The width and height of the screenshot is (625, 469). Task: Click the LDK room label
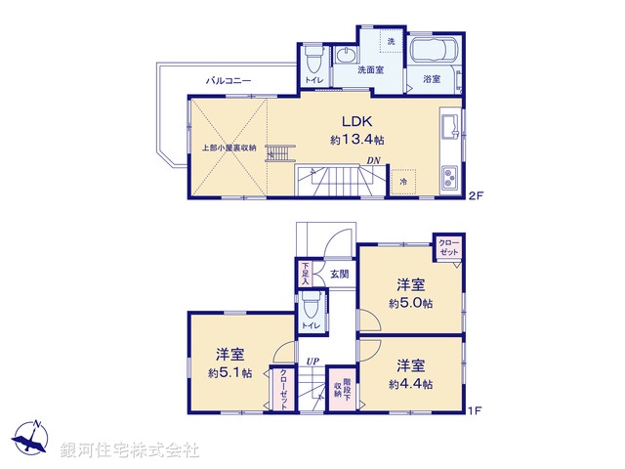355,122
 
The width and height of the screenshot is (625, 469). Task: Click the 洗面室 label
370,70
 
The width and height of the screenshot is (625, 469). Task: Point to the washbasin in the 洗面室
347,58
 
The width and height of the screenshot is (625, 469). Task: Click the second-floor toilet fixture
312,58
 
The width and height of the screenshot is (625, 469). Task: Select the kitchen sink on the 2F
450,128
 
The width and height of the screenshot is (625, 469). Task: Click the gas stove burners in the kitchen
451,179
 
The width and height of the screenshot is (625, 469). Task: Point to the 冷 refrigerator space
403,182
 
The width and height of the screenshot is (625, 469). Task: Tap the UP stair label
312,361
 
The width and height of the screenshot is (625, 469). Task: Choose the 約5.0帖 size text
410,303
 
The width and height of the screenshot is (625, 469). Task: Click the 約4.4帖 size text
410,384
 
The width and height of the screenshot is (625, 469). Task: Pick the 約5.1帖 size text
229,373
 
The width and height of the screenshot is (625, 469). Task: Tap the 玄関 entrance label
338,275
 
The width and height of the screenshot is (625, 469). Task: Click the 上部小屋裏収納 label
229,148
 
